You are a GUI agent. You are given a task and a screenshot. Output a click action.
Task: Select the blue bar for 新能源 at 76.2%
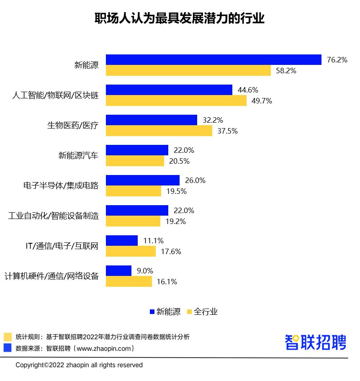coord(213,60)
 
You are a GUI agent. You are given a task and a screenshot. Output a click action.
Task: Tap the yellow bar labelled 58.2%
coord(188,71)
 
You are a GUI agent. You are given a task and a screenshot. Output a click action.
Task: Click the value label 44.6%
coord(247,90)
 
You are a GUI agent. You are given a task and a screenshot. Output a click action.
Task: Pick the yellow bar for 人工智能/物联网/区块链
coord(176,101)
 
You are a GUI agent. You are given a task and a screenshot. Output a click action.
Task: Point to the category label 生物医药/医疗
coord(72,125)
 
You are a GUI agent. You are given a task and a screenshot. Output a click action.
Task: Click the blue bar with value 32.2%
coord(152,120)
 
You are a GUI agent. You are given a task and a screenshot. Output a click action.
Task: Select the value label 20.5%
coord(179,161)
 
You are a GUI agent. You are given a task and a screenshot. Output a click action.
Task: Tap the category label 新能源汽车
coord(78,155)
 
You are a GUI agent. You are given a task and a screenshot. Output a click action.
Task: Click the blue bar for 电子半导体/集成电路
coord(143,180)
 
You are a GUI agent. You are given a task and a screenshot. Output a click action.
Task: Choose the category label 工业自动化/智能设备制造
coord(54,216)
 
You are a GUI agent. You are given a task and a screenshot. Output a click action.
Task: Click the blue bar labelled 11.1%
coord(122,240)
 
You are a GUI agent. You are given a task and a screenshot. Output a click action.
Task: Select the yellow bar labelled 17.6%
coord(131,251)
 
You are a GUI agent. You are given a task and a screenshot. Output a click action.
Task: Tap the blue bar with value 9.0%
coord(119,270)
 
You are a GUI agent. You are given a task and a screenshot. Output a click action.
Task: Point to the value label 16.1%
coord(167,282)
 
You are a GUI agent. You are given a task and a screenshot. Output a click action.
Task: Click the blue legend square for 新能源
coord(152,311)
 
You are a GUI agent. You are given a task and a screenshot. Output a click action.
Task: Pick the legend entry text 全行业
coord(206,311)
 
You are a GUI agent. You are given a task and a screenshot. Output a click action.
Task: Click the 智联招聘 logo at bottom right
coord(316,342)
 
